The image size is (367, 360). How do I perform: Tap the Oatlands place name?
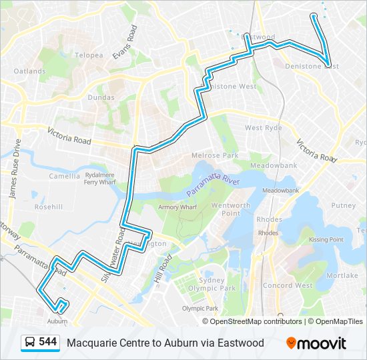point(30,71)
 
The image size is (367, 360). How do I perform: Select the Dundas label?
point(100,97)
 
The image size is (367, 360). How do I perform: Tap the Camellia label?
point(65,176)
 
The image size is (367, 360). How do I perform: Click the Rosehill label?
point(49,207)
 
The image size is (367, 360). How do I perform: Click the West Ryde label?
point(264,127)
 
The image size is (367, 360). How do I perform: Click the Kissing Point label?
point(326,239)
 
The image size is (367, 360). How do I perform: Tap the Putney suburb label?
point(343,206)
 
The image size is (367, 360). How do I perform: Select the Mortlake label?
point(342,275)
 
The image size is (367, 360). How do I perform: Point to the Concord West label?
point(288,285)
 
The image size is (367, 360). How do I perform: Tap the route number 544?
point(47,342)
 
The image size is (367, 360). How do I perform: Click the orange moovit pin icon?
point(291,343)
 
